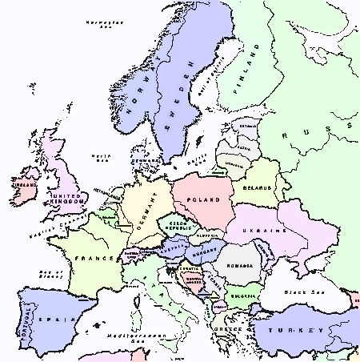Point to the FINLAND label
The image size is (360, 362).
click(242, 79)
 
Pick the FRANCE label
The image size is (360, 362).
click(91, 259)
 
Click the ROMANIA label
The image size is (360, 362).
click(240, 265)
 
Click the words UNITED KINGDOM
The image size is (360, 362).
click(66, 199)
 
